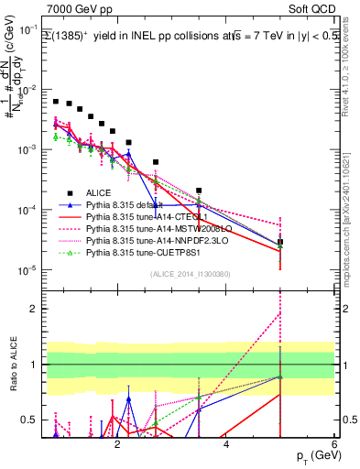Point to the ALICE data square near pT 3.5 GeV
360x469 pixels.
tap(199, 191)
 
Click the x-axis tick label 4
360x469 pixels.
tap(225, 446)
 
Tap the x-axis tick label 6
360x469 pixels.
tap(334, 446)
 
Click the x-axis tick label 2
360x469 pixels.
tap(117, 446)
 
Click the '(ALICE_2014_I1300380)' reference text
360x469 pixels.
tap(190, 274)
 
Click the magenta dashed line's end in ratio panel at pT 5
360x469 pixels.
tap(280, 313)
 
